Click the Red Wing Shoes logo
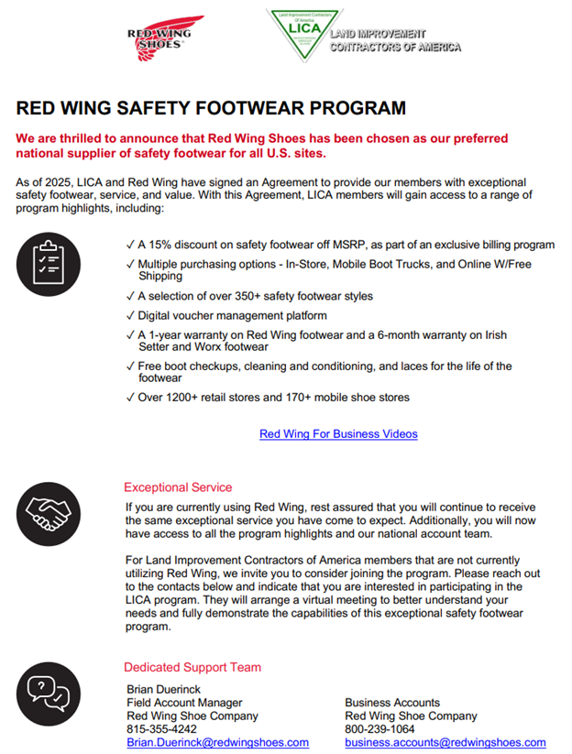coord(166,38)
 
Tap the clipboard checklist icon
coord(48,259)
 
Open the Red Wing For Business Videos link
coord(338,433)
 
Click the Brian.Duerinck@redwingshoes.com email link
coord(217,742)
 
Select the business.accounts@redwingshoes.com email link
coord(445,742)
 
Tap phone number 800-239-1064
coord(379,729)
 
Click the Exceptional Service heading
coord(178,487)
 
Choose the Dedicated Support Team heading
coord(192,667)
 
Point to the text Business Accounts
coord(392,703)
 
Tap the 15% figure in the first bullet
coord(162,245)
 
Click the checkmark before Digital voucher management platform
coord(129,315)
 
